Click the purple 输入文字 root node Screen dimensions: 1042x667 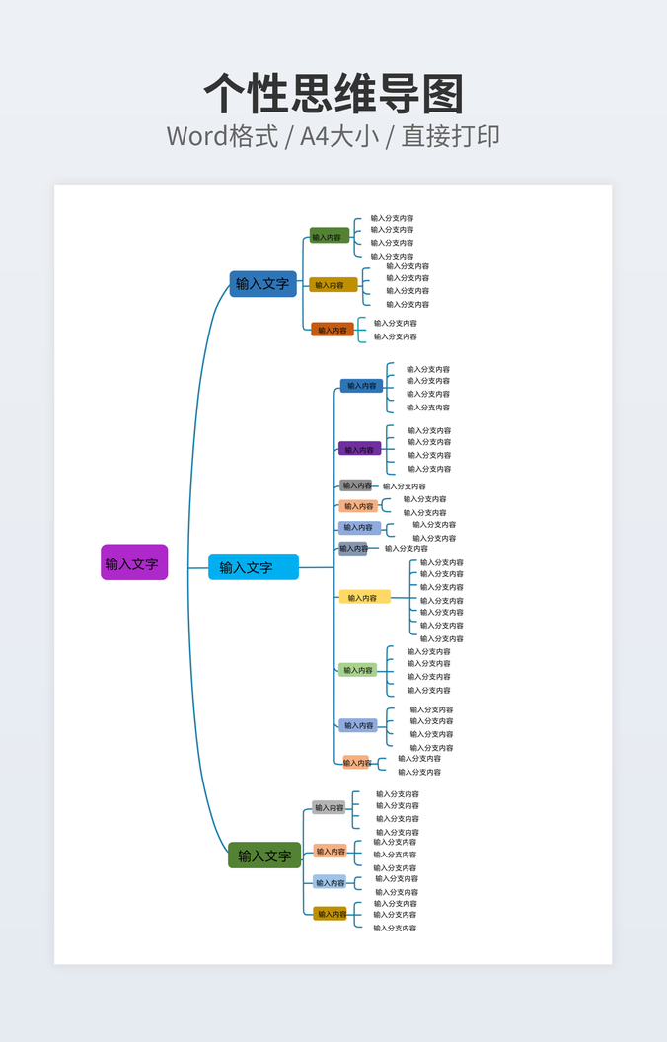[x=133, y=562]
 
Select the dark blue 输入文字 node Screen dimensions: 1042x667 [x=262, y=284]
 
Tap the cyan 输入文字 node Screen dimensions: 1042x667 [x=253, y=567]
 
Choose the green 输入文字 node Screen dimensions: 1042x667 [x=264, y=856]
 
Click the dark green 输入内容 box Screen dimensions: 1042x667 [x=329, y=237]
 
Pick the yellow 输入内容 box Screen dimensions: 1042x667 [x=363, y=597]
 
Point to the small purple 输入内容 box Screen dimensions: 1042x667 [x=359, y=449]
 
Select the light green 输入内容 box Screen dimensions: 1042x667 [x=358, y=670]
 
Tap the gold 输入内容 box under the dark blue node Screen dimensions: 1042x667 [x=332, y=285]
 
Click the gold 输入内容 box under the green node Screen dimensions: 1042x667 [x=331, y=914]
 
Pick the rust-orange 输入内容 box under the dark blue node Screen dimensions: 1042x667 [x=333, y=330]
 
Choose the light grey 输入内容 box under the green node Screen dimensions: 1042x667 [x=329, y=807]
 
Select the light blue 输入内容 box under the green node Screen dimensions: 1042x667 [x=330, y=882]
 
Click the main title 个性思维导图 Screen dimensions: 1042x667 [x=333, y=95]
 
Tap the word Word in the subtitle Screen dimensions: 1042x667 [x=197, y=136]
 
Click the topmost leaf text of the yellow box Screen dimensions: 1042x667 [x=442, y=562]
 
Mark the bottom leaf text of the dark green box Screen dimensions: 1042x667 [x=392, y=256]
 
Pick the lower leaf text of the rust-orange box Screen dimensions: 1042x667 [x=395, y=336]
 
